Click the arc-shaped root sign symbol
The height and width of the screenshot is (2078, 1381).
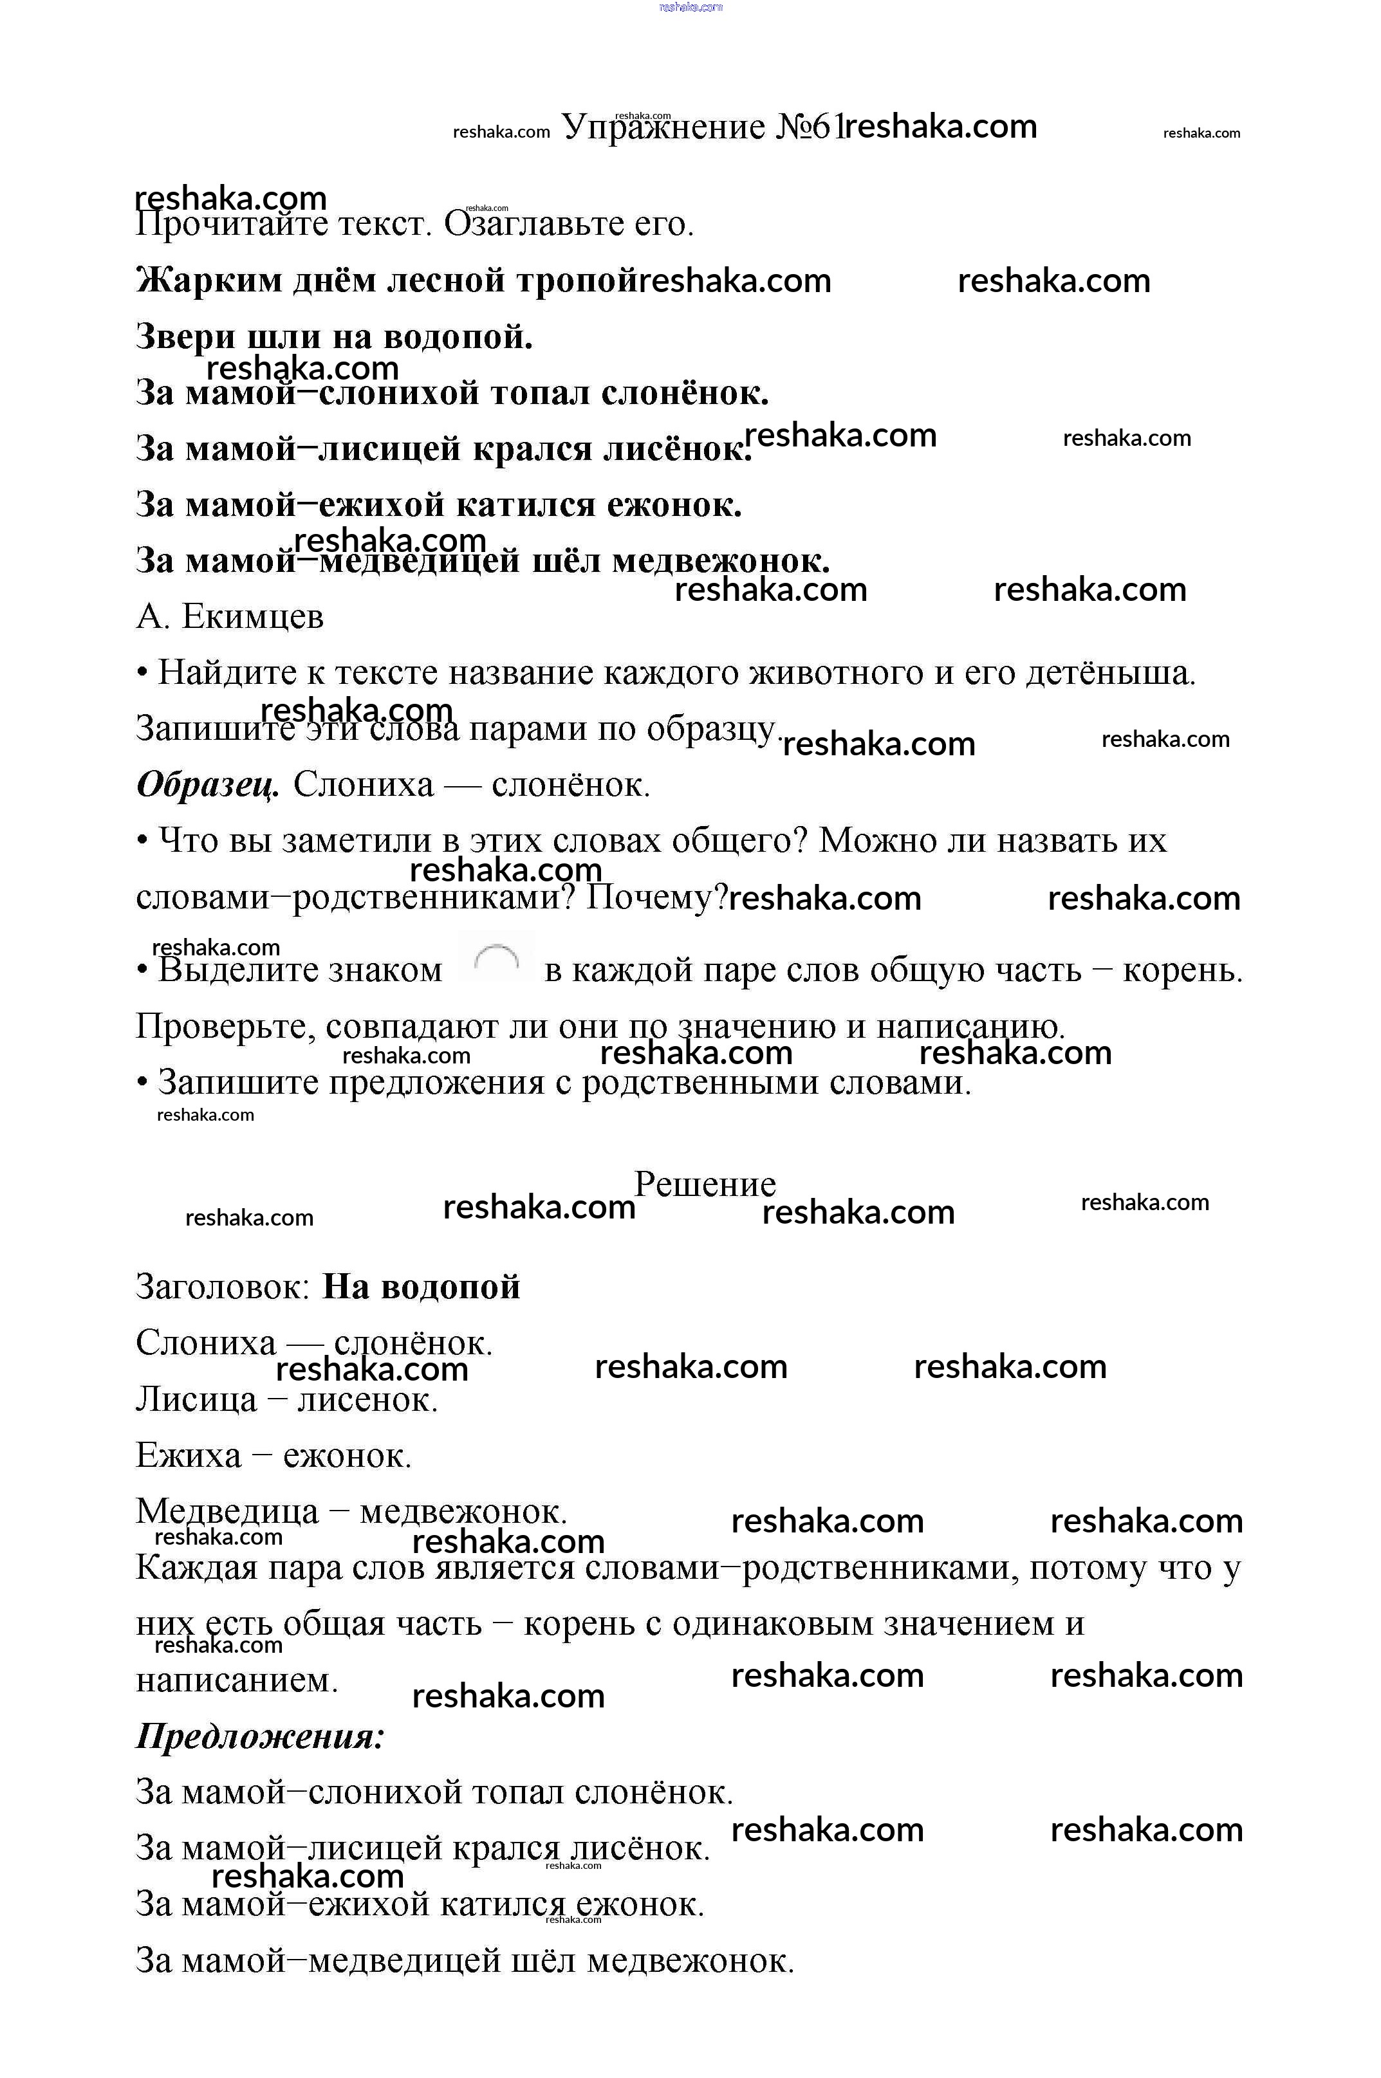point(496,959)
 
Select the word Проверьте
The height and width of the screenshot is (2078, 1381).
point(225,1027)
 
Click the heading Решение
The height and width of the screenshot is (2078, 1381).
point(705,1184)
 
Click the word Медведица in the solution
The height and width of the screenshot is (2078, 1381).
point(227,1512)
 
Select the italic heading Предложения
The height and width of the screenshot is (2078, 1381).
point(260,1736)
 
